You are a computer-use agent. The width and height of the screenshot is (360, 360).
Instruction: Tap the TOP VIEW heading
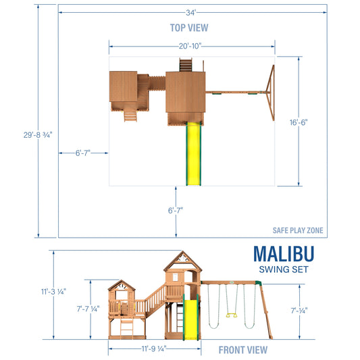click(188, 28)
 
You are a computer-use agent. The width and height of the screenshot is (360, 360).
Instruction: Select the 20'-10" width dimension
click(192, 46)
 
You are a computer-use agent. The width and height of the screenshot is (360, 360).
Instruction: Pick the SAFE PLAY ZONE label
click(297, 230)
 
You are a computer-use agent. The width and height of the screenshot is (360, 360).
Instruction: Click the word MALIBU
click(284, 254)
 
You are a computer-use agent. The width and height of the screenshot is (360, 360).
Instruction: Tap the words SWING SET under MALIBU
click(284, 269)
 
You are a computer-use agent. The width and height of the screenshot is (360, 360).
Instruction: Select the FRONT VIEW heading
click(242, 350)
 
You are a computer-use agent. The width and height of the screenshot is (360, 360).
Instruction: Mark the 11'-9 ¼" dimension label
click(154, 349)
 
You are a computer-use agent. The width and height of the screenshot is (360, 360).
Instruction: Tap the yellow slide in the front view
click(189, 316)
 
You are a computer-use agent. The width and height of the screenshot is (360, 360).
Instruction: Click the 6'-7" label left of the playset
click(84, 153)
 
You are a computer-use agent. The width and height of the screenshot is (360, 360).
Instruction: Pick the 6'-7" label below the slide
click(175, 210)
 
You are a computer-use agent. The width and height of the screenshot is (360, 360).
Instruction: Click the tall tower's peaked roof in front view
click(182, 259)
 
